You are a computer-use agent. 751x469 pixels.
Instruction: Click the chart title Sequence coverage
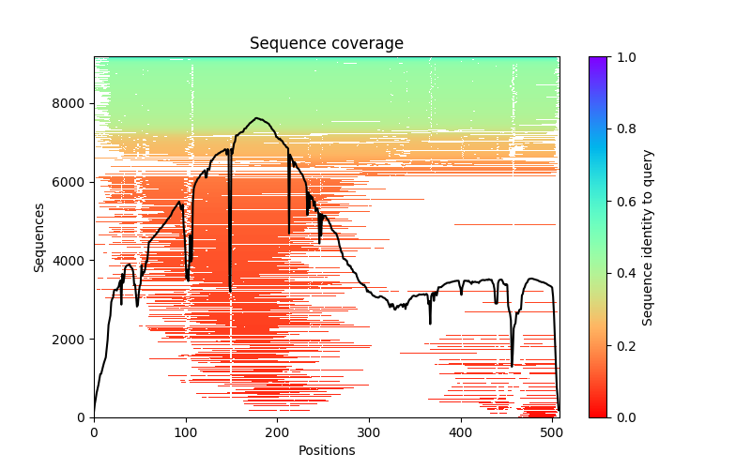tap(326, 43)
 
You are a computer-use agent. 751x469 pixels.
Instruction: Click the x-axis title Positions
tap(326, 450)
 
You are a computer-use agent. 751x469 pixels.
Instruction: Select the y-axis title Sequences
tap(39, 236)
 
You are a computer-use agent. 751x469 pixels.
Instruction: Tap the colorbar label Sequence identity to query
tap(648, 236)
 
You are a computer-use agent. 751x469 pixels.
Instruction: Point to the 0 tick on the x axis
tap(94, 433)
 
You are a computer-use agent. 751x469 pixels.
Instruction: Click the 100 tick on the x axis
tap(186, 433)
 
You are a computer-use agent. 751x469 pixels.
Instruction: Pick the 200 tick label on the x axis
tap(277, 433)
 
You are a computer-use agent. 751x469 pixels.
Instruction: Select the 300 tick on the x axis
tap(369, 433)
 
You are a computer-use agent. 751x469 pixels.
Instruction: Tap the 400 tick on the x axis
tap(461, 433)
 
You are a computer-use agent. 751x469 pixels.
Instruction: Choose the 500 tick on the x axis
tap(552, 433)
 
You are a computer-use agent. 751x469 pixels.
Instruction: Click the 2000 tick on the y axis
tap(71, 339)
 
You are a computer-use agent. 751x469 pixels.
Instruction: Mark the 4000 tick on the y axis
tap(71, 260)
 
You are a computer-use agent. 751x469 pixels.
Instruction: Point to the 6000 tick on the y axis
tap(71, 181)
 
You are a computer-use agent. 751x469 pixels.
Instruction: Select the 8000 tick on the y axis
tap(71, 102)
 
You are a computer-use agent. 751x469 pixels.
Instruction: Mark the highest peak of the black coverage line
tap(256, 118)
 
